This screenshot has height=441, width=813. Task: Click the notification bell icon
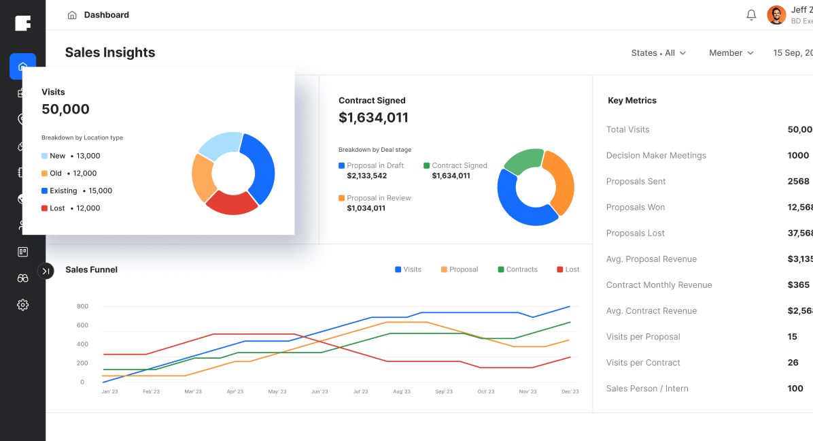(751, 15)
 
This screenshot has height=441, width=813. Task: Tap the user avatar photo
(776, 15)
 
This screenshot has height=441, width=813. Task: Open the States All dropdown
(658, 53)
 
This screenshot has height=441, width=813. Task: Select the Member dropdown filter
(731, 53)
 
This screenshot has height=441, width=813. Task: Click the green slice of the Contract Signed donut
(523, 161)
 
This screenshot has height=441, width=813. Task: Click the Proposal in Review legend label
(379, 198)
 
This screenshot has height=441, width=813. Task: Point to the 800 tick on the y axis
(82, 306)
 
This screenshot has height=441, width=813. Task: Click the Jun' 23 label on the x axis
(319, 392)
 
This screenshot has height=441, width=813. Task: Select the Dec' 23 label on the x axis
(570, 392)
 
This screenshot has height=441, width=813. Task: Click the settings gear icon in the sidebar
(23, 305)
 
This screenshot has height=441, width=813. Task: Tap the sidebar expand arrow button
(46, 271)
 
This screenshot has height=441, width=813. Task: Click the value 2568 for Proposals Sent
(798, 182)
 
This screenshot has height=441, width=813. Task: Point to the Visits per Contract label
(643, 363)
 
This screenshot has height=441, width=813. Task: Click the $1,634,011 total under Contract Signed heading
(373, 118)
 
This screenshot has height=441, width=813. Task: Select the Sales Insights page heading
(110, 53)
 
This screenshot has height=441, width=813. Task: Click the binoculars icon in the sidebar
(23, 278)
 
